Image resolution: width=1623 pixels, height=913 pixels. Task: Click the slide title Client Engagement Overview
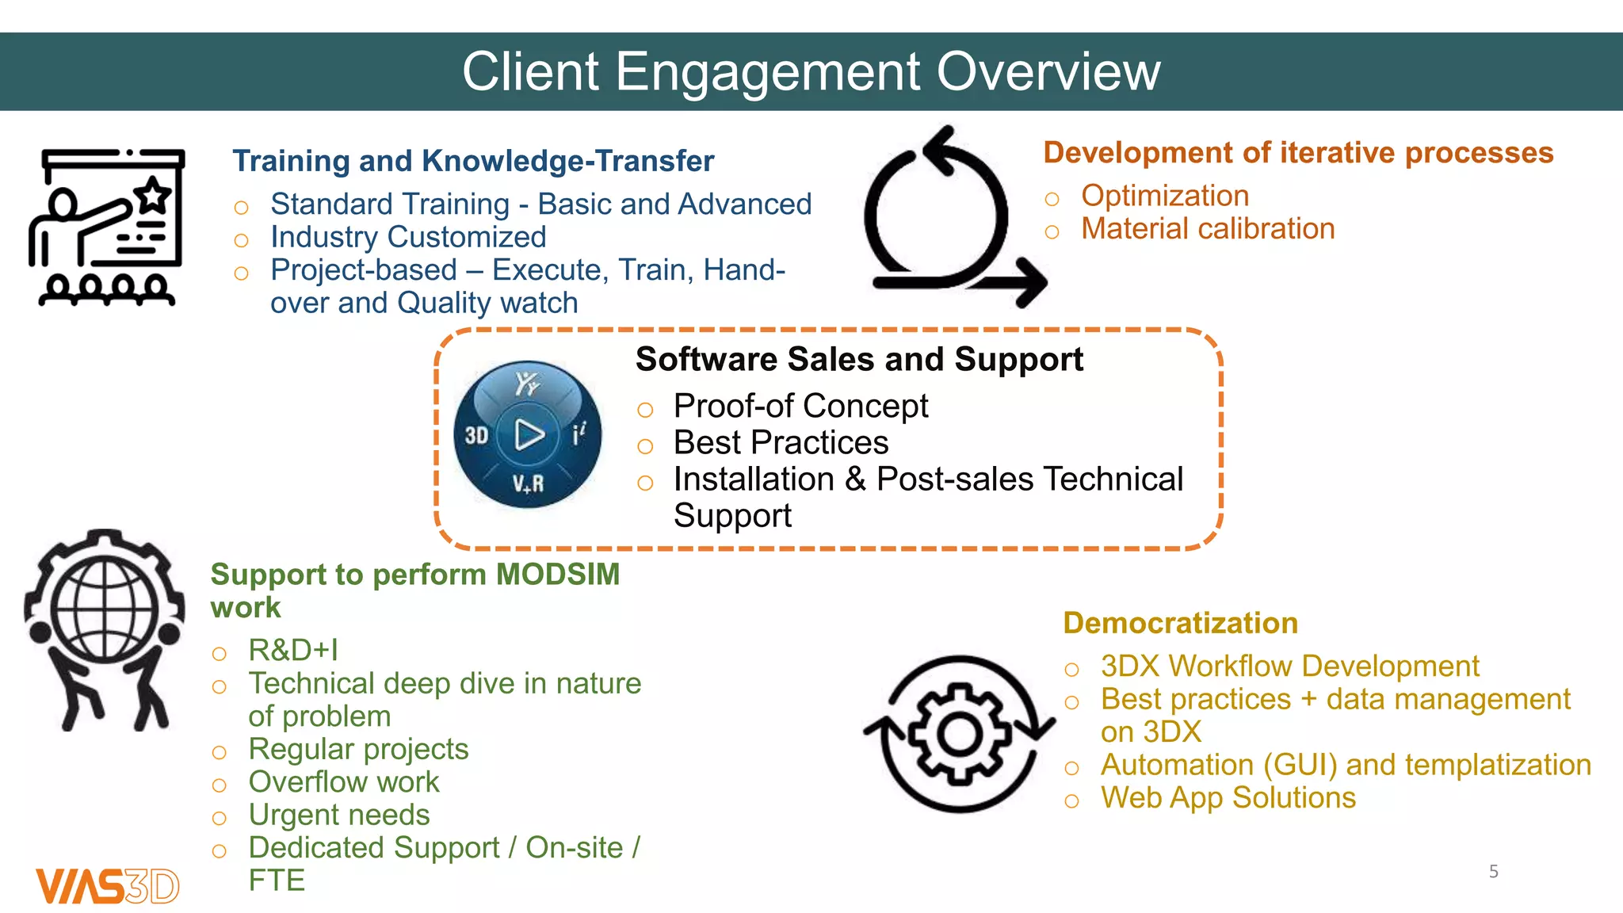(811, 71)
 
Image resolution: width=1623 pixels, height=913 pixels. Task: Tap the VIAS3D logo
(108, 885)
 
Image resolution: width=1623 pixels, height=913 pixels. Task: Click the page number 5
(1493, 871)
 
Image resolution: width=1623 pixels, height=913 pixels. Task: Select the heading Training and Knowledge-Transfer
(473, 161)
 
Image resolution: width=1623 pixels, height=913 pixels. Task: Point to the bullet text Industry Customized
(408, 237)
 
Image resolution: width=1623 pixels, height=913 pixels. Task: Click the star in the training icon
(153, 195)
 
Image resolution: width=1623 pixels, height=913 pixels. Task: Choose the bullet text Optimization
(1164, 196)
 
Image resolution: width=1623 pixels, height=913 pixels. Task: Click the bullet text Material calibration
(1207, 229)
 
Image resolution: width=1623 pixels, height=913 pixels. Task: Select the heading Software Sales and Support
(859, 360)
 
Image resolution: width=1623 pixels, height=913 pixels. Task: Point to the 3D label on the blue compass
(476, 435)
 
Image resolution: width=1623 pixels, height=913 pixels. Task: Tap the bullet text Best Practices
(781, 442)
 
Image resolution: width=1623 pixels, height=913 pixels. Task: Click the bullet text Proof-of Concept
(800, 406)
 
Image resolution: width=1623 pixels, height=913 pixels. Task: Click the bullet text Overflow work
(343, 782)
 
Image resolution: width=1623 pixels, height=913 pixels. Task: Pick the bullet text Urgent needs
(338, 815)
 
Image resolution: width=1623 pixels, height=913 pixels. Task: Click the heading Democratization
(1180, 623)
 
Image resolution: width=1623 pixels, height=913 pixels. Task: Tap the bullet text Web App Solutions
(1228, 797)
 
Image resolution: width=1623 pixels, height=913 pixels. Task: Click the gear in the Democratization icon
(959, 734)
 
